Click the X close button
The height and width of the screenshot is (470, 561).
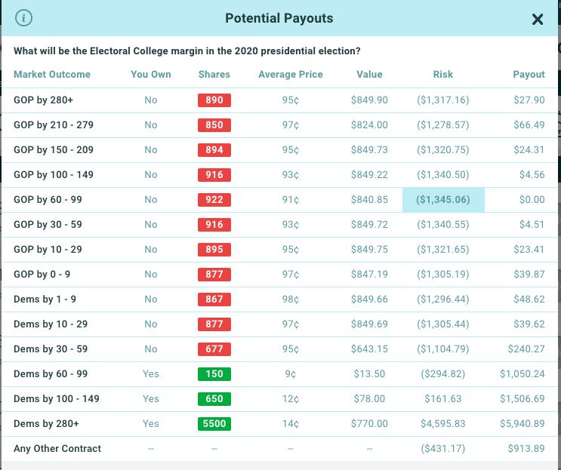coord(538,20)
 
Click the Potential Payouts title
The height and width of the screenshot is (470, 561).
coord(279,18)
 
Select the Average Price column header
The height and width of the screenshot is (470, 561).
coord(290,75)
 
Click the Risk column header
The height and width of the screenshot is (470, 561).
coord(443,75)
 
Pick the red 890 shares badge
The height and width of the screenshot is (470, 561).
coord(214,100)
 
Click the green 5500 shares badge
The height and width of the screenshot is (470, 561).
coord(214,424)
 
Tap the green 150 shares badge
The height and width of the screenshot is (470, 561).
coord(214,374)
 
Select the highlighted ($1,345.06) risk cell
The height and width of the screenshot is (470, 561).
coord(443,200)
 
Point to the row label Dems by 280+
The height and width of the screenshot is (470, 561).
coord(46,424)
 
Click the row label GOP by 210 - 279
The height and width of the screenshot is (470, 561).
coord(54,125)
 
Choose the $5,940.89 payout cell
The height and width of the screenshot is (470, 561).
coord(522,424)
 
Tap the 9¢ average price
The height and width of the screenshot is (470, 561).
coord(291,374)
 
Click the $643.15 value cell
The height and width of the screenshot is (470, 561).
coord(370,349)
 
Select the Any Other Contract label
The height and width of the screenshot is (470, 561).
coord(57,449)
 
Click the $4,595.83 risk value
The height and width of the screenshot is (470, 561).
coord(443,424)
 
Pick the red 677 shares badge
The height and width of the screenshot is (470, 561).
coord(214,349)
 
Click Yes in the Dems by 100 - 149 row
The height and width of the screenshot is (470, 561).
coord(151,399)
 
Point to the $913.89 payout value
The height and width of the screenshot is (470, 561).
coord(527,449)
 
